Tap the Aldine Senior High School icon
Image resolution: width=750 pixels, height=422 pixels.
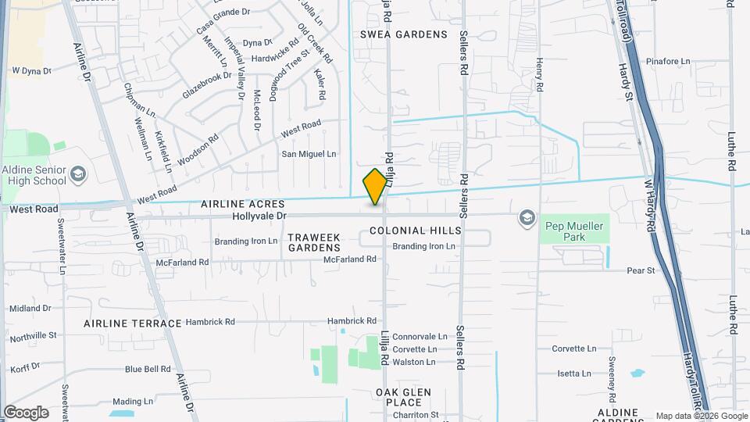[x=77, y=173]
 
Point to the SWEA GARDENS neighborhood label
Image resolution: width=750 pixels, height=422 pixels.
[x=404, y=34]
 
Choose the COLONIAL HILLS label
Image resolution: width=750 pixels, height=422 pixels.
[x=415, y=231]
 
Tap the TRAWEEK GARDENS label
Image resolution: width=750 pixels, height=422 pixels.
[x=313, y=241]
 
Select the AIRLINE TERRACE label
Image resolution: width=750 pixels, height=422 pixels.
[x=133, y=323]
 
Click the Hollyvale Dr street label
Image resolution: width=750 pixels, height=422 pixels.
[x=259, y=215]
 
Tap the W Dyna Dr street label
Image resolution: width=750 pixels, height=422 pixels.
[x=31, y=70]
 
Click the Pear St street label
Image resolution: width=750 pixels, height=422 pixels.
[x=641, y=270]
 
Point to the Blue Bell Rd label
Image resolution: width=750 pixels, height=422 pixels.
[x=148, y=369]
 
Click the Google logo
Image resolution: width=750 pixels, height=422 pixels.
[x=26, y=412]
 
